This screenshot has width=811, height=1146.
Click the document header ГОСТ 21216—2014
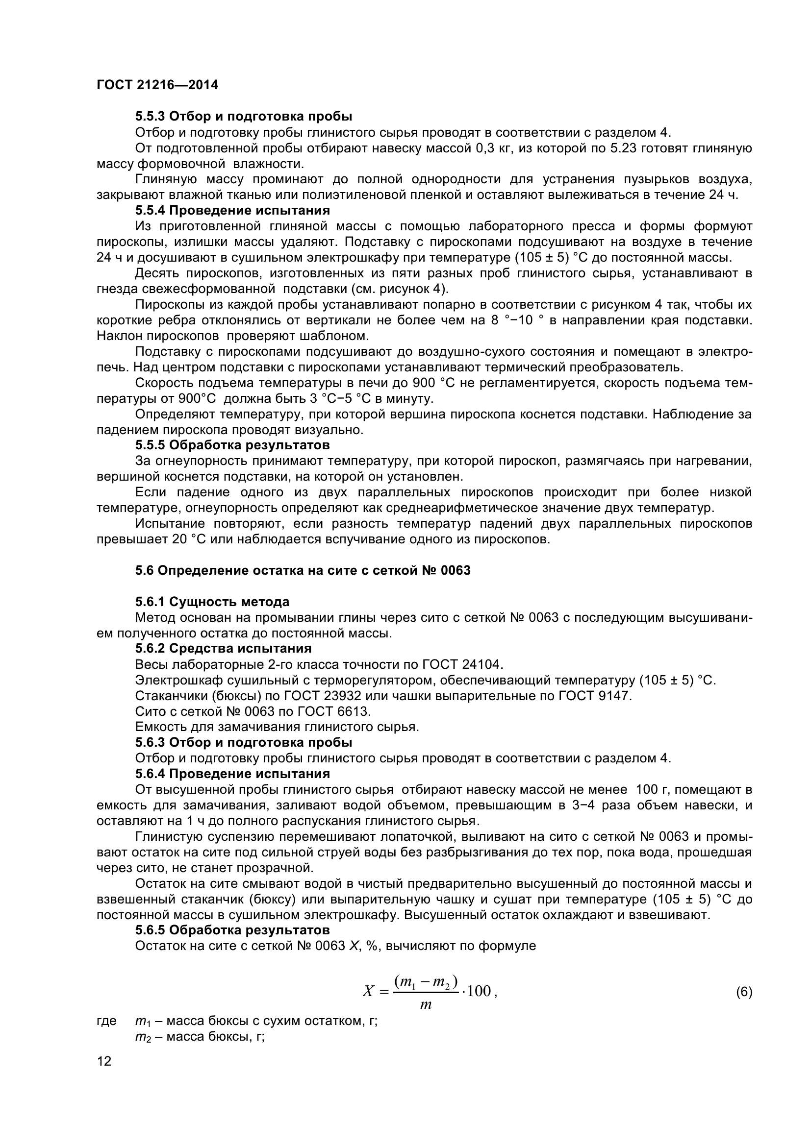[157, 85]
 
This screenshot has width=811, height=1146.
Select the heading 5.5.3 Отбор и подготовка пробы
[243, 116]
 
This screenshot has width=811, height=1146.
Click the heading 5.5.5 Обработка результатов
[232, 445]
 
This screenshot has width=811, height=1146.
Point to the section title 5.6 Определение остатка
[303, 570]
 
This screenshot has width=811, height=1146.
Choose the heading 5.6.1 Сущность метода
[212, 602]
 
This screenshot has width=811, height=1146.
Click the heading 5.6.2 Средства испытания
[223, 648]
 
